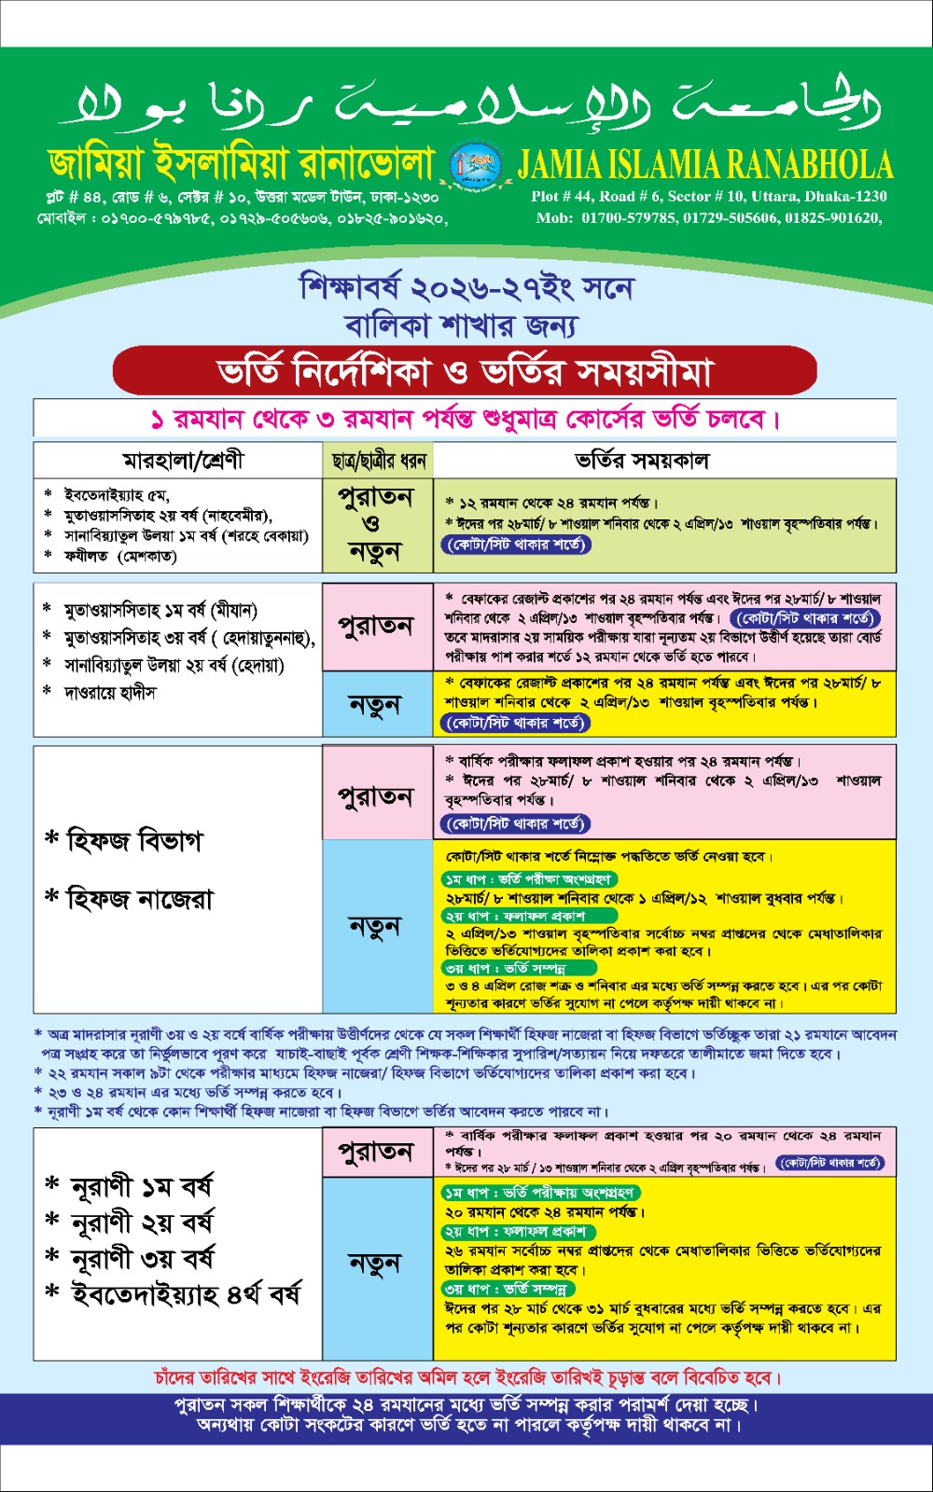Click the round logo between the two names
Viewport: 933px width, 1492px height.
(468, 164)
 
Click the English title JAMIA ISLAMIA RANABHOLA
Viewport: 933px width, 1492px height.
(705, 165)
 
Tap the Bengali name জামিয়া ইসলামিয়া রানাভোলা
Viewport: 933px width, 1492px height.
(243, 164)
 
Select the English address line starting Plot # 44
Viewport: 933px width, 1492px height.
(708, 196)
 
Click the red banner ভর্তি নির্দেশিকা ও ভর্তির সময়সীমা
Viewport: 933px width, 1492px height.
(465, 372)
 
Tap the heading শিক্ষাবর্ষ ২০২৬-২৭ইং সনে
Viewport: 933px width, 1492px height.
(466, 287)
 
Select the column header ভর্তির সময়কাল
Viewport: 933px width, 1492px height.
(641, 461)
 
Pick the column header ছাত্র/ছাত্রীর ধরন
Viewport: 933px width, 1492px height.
(378, 461)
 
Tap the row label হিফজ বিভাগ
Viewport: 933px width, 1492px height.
(133, 841)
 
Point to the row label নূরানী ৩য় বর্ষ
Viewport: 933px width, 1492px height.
(143, 1259)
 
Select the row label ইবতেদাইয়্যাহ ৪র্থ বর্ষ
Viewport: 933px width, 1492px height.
(186, 1294)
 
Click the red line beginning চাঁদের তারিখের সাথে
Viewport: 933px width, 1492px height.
(466, 1377)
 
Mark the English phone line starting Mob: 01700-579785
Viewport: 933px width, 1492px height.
(708, 217)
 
